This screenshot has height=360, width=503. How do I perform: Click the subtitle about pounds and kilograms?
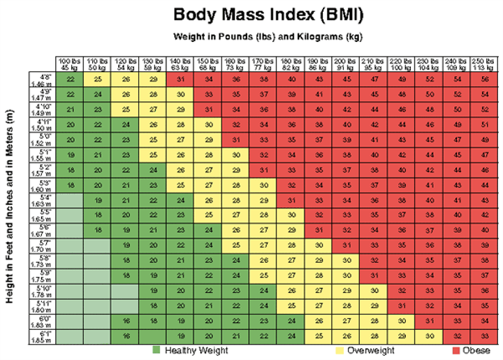click(x=268, y=36)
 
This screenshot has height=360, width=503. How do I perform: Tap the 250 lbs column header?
click(x=483, y=64)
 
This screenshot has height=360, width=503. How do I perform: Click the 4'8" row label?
click(x=42, y=78)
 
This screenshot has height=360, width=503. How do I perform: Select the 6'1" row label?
click(x=42, y=336)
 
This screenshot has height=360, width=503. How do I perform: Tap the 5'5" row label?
click(x=42, y=215)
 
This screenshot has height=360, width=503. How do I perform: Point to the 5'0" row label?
click(x=42, y=138)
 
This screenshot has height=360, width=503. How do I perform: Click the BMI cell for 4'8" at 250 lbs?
click(x=483, y=78)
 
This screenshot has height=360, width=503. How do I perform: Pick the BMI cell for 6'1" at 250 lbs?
click(x=483, y=336)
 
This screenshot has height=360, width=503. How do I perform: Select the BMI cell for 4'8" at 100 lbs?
click(x=71, y=78)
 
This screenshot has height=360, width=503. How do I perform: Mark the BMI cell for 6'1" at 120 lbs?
click(x=126, y=336)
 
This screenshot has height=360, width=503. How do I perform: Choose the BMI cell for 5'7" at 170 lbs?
click(x=263, y=245)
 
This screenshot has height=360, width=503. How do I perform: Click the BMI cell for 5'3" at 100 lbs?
click(x=71, y=185)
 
